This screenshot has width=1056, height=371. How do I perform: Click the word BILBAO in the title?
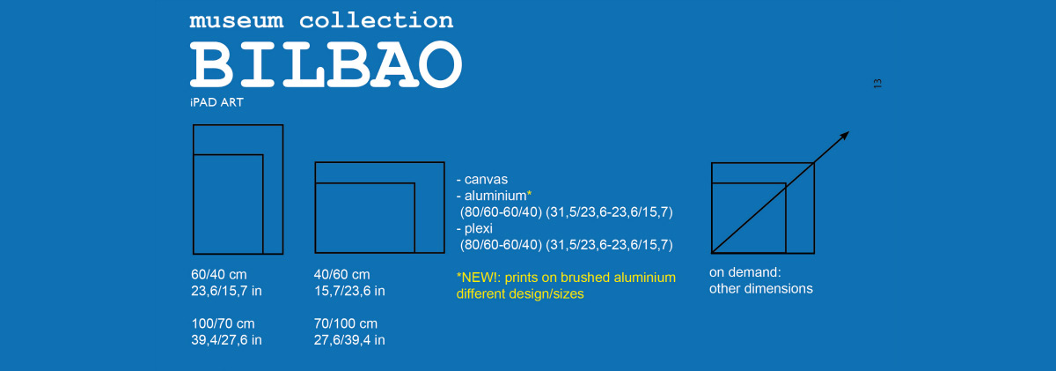pyautogui.click(x=326, y=64)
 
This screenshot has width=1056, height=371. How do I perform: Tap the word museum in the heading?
pyautogui.click(x=237, y=21)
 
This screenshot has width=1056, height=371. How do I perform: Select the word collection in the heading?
pyautogui.click(x=377, y=20)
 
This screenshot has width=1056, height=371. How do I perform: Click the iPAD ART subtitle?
pyautogui.click(x=216, y=102)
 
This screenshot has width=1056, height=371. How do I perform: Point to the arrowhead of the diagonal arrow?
pyautogui.click(x=844, y=136)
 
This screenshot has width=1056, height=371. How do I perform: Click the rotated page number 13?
pyautogui.click(x=877, y=84)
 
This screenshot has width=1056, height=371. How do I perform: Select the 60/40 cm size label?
pyautogui.click(x=219, y=274)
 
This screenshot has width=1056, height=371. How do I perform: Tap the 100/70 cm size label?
pyautogui.click(x=223, y=323)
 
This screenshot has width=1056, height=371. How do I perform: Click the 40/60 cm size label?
pyautogui.click(x=341, y=274)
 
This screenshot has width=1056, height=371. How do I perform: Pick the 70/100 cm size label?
pyautogui.click(x=346, y=323)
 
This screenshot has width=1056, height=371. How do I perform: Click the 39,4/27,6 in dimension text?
pyautogui.click(x=226, y=340)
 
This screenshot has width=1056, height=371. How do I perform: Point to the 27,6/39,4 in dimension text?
pyautogui.click(x=349, y=340)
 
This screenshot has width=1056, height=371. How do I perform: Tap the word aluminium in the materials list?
pyautogui.click(x=495, y=196)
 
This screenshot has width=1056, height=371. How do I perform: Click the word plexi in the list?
pyautogui.click(x=479, y=229)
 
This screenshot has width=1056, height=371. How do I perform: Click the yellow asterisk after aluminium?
pyautogui.click(x=530, y=194)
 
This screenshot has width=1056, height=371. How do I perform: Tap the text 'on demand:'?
pyautogui.click(x=744, y=272)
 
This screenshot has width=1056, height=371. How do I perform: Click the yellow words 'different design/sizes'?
pyautogui.click(x=520, y=294)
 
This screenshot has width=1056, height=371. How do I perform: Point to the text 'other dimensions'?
pyautogui.click(x=761, y=288)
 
